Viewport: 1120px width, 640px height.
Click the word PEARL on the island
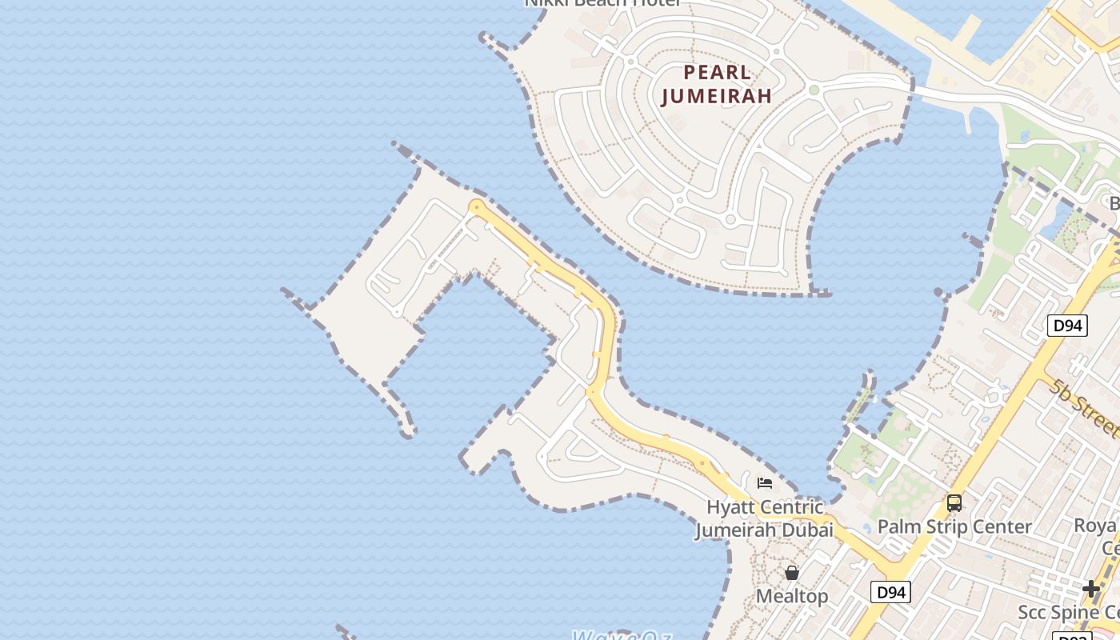[x=718, y=73]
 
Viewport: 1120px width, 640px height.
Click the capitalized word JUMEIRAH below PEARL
[x=718, y=96]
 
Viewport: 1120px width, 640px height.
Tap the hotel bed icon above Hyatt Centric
[x=765, y=483]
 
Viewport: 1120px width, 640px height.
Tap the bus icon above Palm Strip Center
[x=954, y=503]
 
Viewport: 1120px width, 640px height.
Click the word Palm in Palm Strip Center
[x=898, y=526]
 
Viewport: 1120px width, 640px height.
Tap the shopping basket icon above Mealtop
[x=791, y=573]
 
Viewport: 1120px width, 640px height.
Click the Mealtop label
[x=791, y=596]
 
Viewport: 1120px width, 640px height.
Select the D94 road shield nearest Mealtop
[x=890, y=592]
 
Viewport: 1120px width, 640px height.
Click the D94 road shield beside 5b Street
[x=1067, y=325]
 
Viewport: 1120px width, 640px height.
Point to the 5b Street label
[x=1086, y=408]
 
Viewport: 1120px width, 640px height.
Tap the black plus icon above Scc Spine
[x=1091, y=589]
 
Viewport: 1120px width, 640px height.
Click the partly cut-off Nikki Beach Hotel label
[x=602, y=3]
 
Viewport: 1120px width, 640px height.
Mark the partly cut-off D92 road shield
[x=1073, y=637]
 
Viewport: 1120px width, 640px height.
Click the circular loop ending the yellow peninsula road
[x=477, y=207]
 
